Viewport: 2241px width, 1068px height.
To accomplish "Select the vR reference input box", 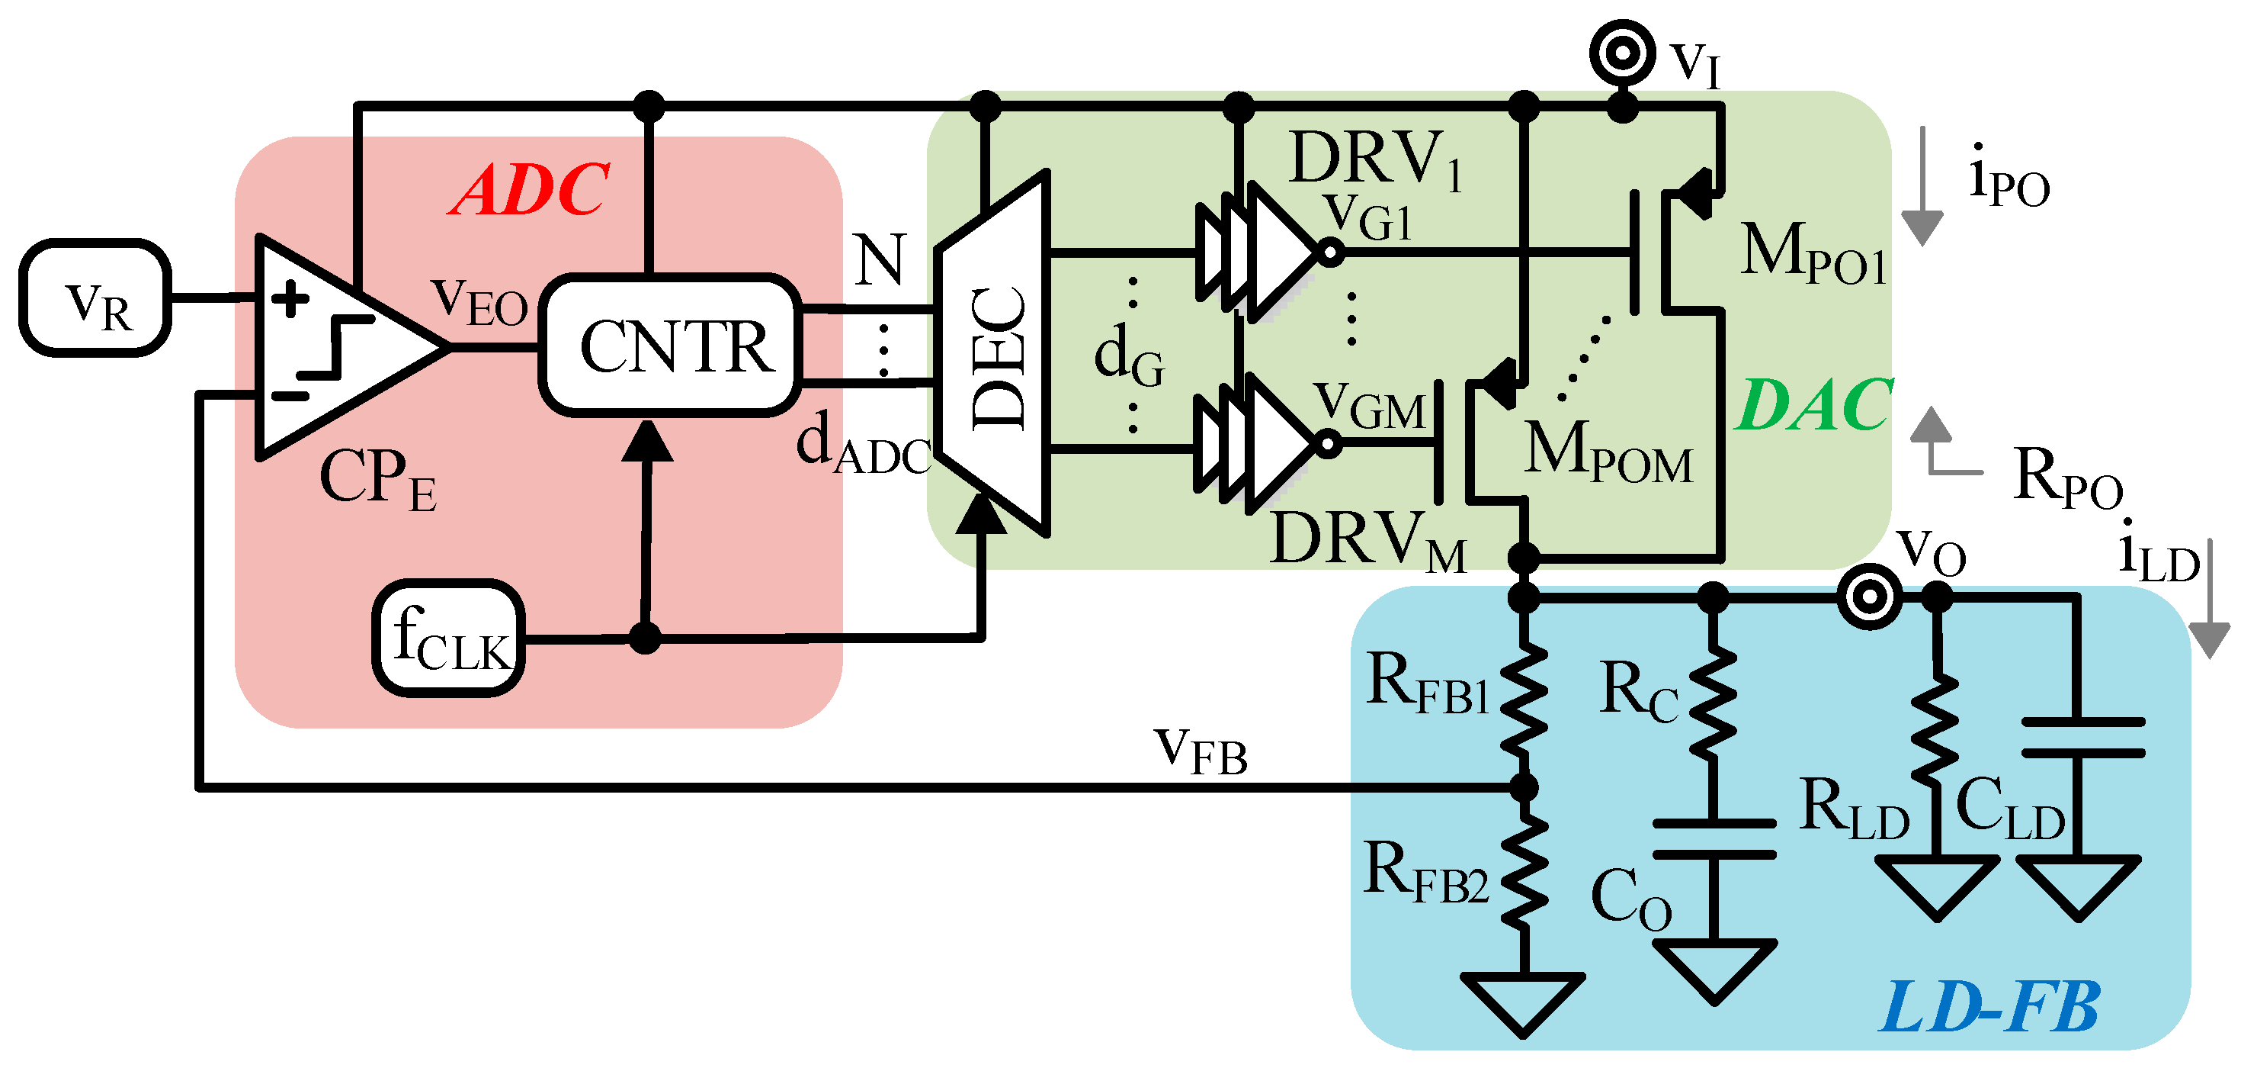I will click(x=96, y=298).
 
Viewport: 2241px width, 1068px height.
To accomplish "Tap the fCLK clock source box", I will click(x=449, y=638).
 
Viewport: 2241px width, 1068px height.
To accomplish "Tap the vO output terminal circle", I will click(x=1871, y=597).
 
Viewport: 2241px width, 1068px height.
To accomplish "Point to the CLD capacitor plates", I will click(x=2082, y=737).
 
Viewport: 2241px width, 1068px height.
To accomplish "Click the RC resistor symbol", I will click(x=1713, y=702).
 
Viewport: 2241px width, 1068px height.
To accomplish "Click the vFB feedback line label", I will click(x=1201, y=751).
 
